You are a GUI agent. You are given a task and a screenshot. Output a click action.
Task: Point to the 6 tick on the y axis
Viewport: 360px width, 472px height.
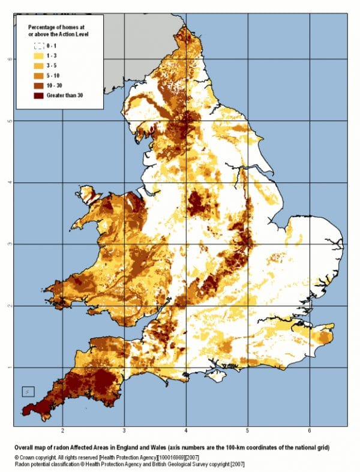coord(7,59)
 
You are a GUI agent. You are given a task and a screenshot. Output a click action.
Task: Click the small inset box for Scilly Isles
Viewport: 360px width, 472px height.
coord(28,392)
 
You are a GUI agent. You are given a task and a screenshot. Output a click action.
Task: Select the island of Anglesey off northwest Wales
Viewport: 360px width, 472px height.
coord(90,195)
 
